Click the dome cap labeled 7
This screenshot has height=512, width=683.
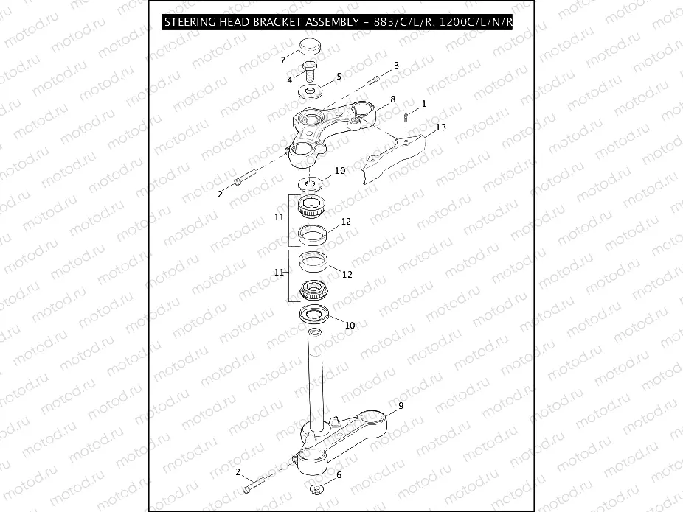tap(309, 47)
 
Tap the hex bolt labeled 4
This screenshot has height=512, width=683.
tap(309, 71)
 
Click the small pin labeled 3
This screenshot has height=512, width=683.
tap(374, 80)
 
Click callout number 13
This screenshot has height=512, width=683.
tap(441, 127)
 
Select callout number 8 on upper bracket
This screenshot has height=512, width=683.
tap(393, 99)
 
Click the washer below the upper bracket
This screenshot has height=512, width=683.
tap(310, 183)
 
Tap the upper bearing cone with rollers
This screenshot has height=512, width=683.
tap(312, 206)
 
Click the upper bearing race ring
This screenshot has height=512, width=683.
tap(313, 235)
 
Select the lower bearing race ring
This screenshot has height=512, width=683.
tap(313, 262)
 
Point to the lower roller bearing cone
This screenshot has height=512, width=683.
tap(314, 290)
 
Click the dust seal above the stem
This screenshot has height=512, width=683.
tap(314, 314)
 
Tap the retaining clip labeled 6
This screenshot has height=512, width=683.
tap(316, 489)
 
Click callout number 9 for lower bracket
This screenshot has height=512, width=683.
tap(401, 405)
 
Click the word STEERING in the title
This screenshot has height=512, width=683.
tap(190, 22)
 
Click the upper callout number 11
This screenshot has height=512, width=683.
tap(280, 217)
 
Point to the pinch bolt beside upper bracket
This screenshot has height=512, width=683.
tap(245, 178)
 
